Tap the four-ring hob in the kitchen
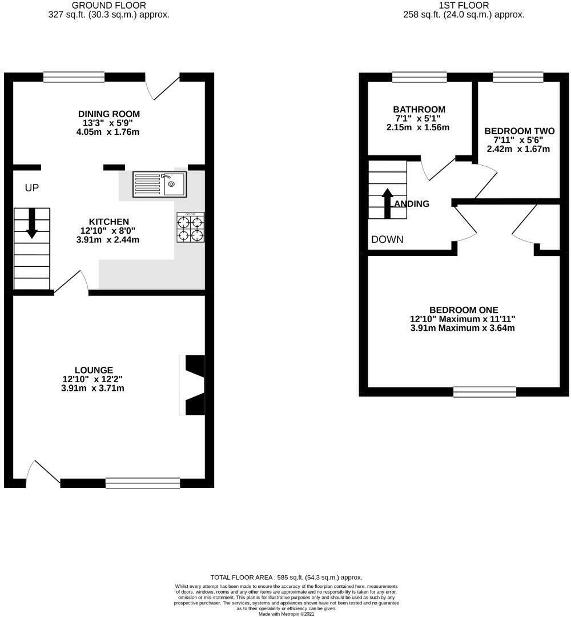191,227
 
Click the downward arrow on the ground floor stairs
32,223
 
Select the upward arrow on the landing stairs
387,203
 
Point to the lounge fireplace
192,385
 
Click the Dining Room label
108,114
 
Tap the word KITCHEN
108,222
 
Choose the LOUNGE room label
94,370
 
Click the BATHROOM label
419,109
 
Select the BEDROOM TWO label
516,131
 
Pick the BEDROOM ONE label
464,310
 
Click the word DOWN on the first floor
387,239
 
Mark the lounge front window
142,483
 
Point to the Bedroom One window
485,391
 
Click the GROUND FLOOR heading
108,6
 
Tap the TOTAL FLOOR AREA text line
286,578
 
